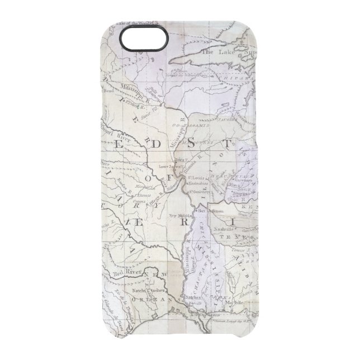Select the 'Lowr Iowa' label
coord(171,167)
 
